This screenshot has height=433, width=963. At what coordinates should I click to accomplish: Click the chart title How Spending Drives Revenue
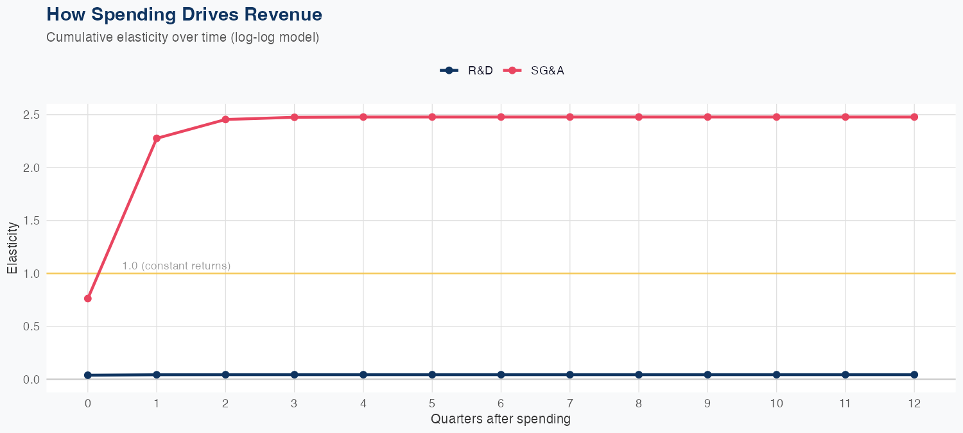point(184,14)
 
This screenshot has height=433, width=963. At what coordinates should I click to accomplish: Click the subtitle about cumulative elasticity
point(182,37)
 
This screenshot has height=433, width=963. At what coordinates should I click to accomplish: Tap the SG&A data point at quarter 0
point(87,298)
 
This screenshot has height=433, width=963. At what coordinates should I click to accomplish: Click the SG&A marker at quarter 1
point(157,139)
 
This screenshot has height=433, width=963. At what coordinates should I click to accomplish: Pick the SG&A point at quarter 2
point(225,119)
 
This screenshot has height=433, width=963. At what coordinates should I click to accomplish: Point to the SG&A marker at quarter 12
point(914,117)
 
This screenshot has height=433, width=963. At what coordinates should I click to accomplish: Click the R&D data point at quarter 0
point(87,375)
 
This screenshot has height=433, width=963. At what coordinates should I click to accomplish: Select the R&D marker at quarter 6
point(501,375)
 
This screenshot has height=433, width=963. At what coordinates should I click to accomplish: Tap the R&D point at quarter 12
point(914,375)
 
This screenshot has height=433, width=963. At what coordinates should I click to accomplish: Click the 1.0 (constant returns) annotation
point(176,266)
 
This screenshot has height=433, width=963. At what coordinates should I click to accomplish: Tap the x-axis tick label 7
point(569,403)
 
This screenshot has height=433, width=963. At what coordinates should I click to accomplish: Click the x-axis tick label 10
point(776,403)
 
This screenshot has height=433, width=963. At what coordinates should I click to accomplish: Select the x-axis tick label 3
point(294,403)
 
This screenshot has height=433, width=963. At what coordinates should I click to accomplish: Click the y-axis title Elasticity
point(12,248)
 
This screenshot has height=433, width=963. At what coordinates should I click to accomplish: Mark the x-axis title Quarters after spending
point(501,420)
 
